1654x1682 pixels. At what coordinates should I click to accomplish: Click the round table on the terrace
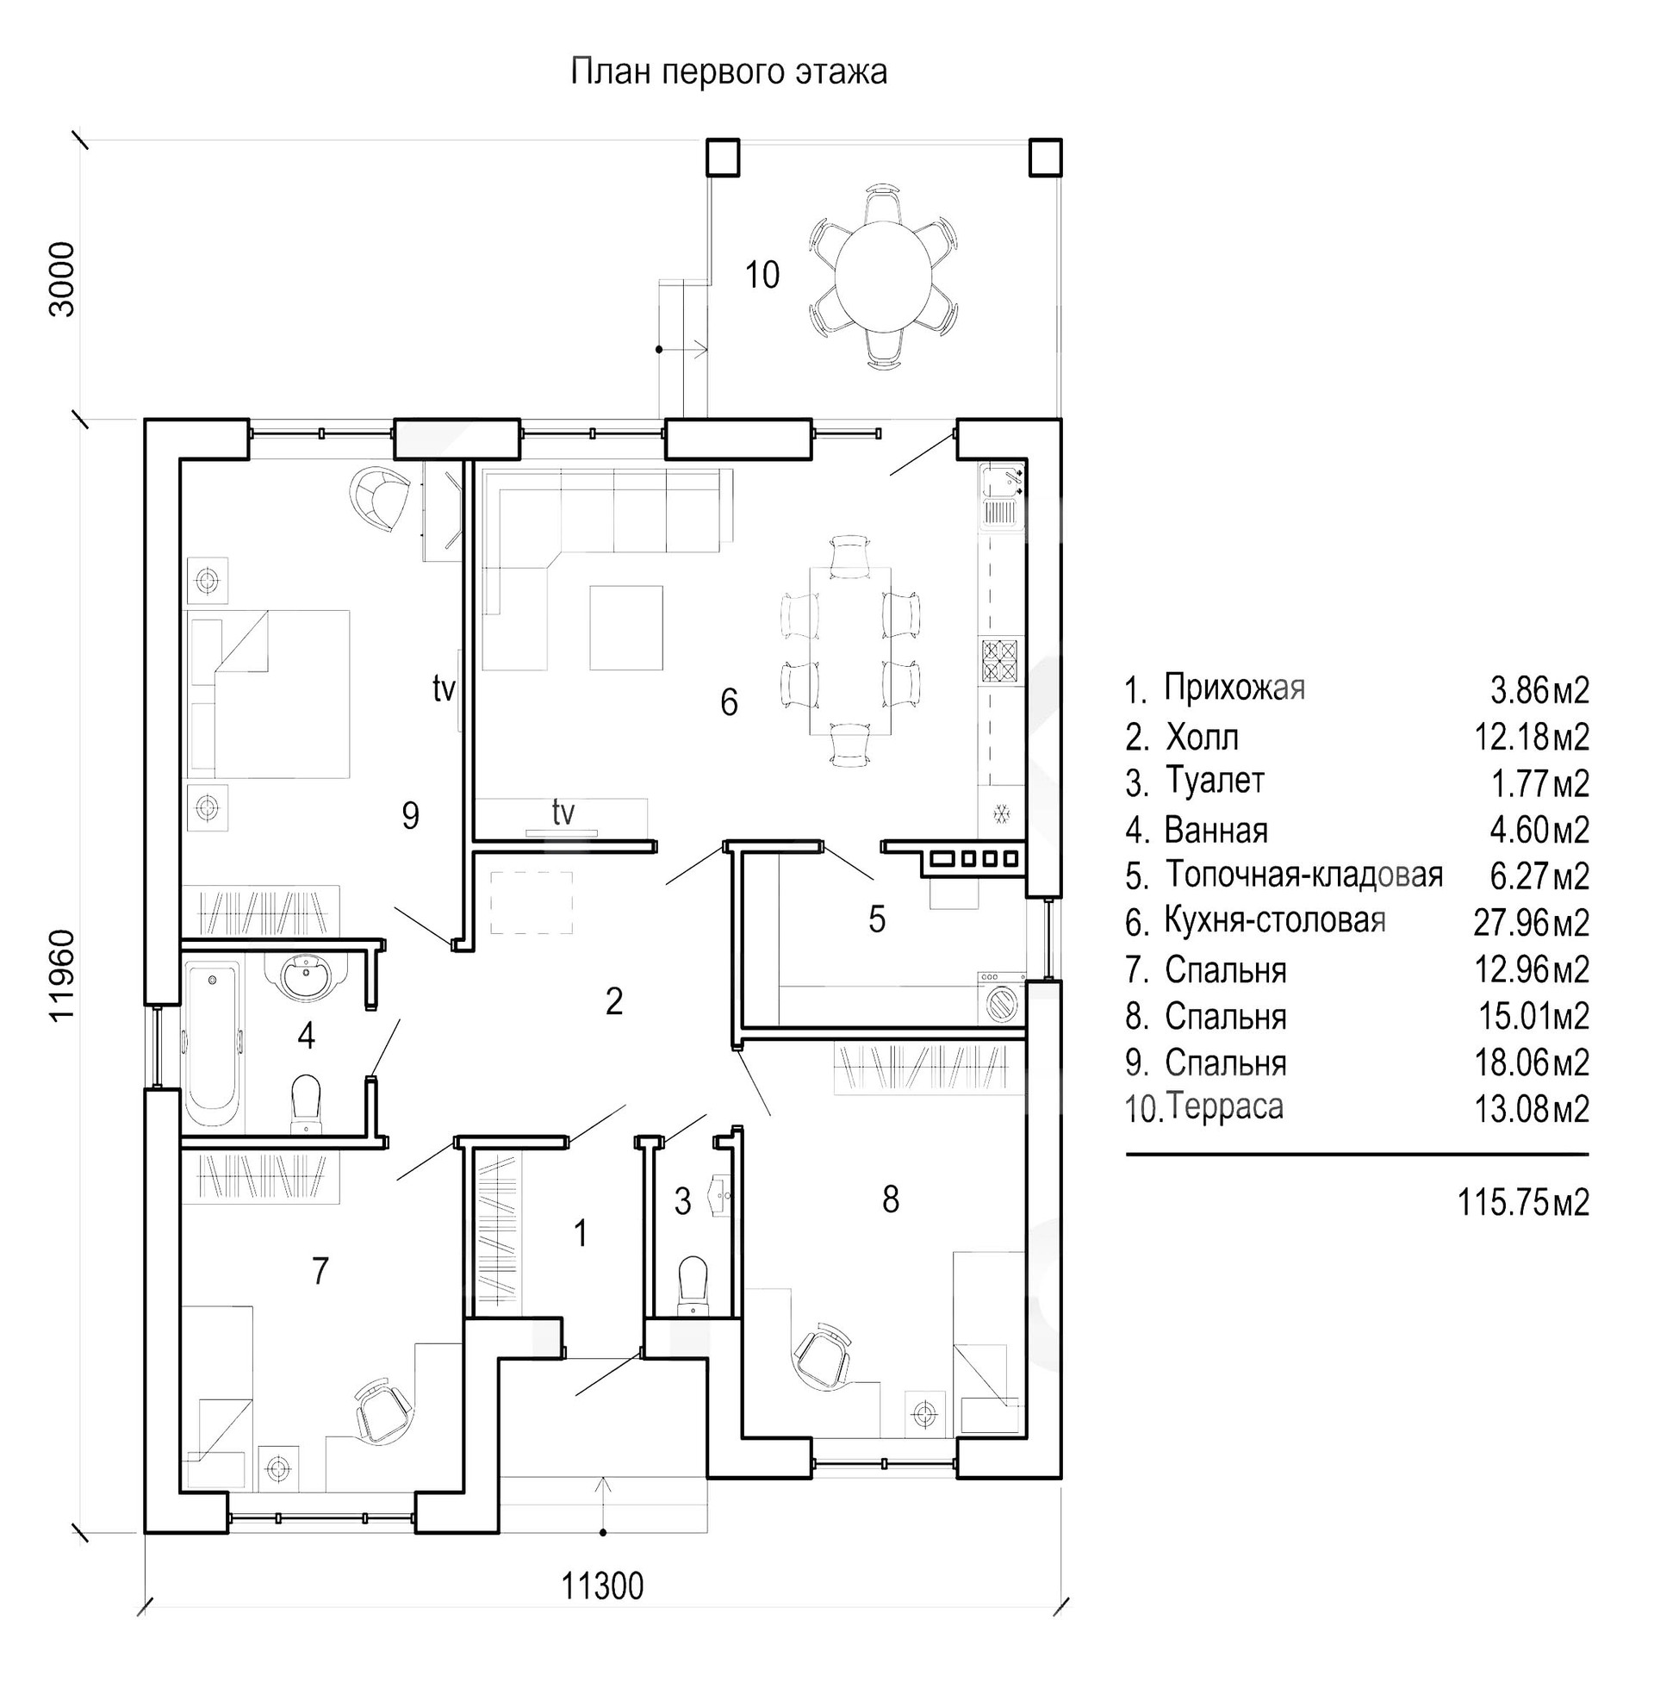point(884,276)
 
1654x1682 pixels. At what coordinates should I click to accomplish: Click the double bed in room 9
point(270,694)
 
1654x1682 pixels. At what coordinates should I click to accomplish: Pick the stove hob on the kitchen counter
point(1000,662)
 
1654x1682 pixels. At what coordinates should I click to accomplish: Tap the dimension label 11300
point(602,1586)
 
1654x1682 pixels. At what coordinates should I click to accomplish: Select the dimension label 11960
point(63,975)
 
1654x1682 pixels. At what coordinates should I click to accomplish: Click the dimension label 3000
point(63,279)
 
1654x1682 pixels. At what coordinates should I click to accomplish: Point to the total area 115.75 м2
point(1523,1202)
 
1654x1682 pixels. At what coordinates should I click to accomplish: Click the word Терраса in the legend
point(1225,1107)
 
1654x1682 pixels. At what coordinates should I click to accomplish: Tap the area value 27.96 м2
point(1531,923)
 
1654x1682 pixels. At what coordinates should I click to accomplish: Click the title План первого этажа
point(729,72)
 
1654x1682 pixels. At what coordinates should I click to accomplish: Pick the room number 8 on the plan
point(891,1199)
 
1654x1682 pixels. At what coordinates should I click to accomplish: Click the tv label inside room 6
point(563,813)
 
